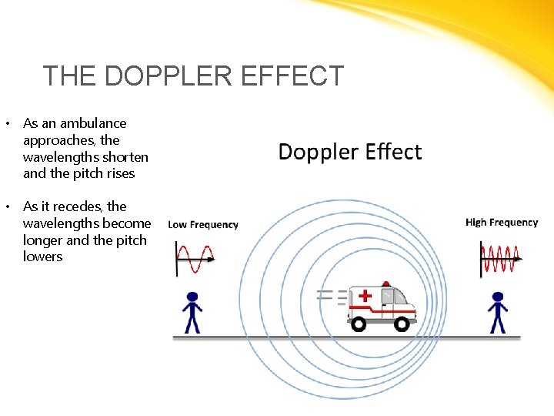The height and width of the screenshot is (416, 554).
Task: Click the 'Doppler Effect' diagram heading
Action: (350, 152)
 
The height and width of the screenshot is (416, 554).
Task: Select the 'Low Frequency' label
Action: (203, 225)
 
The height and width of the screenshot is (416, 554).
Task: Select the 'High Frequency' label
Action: (502, 223)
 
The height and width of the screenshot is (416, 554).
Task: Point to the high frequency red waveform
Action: (500, 258)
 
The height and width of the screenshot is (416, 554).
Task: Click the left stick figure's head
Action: (192, 297)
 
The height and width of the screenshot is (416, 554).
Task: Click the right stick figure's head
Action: (498, 297)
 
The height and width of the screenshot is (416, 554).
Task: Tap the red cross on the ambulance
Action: (365, 296)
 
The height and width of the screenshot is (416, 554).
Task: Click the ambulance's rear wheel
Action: (359, 324)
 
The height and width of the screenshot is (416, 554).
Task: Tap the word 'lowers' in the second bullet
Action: (43, 257)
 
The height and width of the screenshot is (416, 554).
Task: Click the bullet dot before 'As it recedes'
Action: (8, 206)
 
